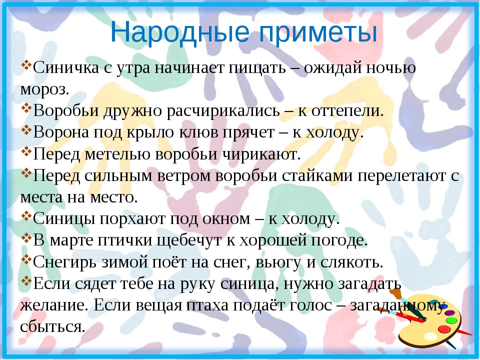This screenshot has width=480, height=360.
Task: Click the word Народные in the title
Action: click(179, 32)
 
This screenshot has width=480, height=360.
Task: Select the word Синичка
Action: click(66, 67)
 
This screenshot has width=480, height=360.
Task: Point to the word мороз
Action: click(44, 89)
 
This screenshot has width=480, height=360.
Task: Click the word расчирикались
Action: click(223, 110)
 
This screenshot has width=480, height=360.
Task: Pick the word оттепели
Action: click(347, 111)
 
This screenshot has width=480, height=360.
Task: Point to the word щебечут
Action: click(189, 240)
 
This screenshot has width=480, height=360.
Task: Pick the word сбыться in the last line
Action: click(52, 327)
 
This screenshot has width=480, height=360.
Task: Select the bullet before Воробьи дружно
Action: click(26, 108)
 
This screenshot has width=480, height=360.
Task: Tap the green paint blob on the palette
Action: click(451, 320)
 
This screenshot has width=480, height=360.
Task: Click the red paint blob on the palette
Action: click(444, 329)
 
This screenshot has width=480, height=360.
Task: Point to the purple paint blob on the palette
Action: click(449, 313)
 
